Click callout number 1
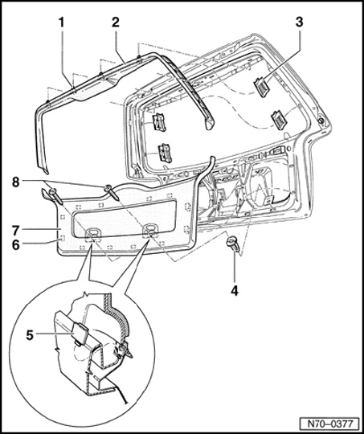click(x=61, y=23)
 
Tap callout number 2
click(x=116, y=23)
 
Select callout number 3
click(x=299, y=23)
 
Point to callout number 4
click(x=235, y=291)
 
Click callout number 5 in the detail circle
click(x=30, y=335)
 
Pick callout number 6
click(x=16, y=245)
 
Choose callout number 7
click(x=16, y=229)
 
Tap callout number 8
click(x=16, y=182)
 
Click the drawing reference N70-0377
click(x=330, y=424)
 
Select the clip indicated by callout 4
click(x=232, y=244)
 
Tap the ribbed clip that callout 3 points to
click(x=262, y=87)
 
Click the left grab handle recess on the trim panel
click(x=92, y=235)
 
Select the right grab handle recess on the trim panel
click(x=149, y=231)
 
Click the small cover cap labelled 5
click(x=80, y=334)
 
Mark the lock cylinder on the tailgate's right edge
click(x=321, y=121)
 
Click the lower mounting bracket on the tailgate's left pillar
click(x=165, y=153)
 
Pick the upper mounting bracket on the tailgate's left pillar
click(x=159, y=122)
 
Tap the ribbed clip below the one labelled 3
click(x=279, y=119)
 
